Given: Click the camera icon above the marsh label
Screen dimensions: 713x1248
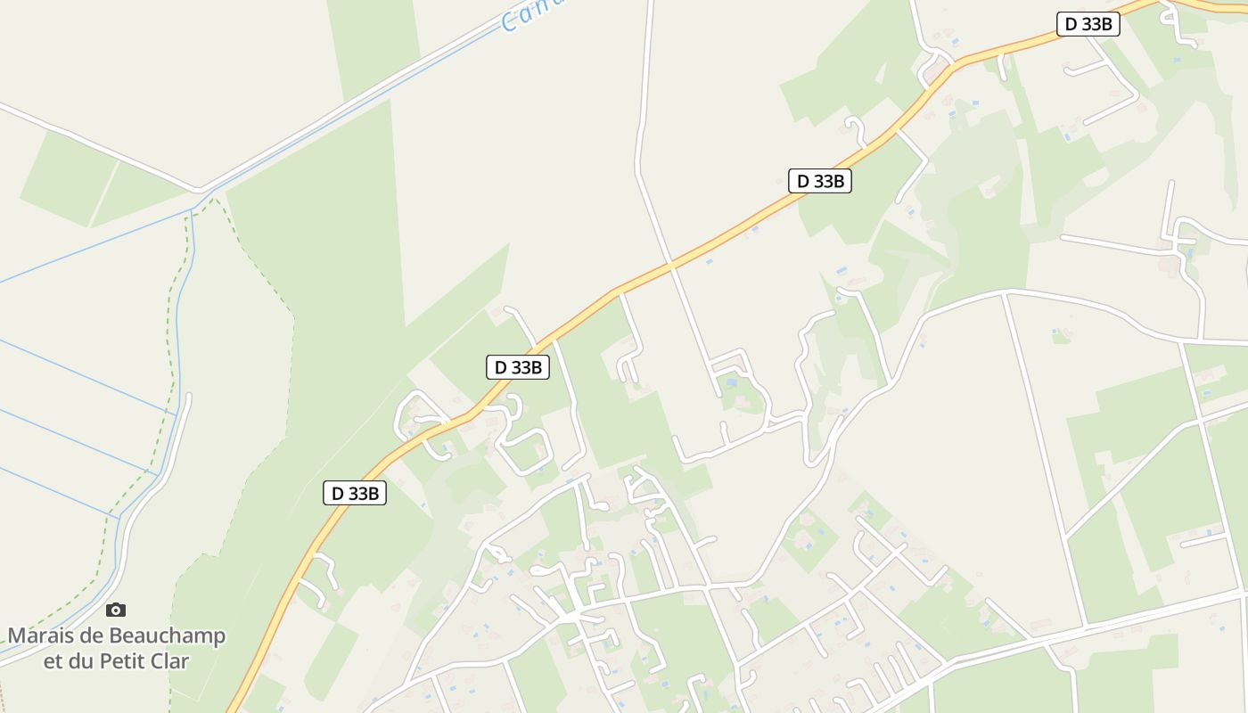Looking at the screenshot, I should [x=116, y=611].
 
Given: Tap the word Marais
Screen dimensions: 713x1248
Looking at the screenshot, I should [x=43, y=636].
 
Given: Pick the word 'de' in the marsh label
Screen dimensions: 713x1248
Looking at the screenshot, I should [x=94, y=636].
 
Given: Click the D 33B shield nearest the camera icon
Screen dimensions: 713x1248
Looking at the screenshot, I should [x=355, y=493].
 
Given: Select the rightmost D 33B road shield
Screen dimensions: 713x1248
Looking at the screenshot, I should [x=1088, y=24].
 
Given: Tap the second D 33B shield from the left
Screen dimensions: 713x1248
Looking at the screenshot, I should [x=518, y=366].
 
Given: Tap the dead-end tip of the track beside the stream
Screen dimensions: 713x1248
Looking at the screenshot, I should [x=188, y=396].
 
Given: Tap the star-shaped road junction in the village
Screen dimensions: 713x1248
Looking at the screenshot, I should [x=571, y=616].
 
